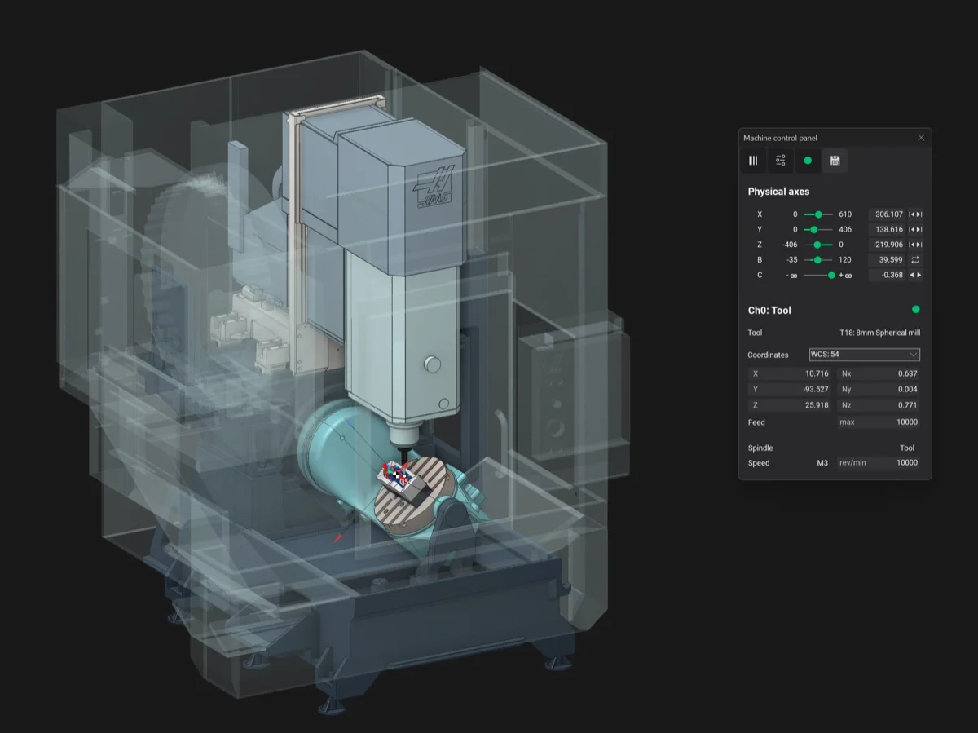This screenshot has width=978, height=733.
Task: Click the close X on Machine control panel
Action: (921, 138)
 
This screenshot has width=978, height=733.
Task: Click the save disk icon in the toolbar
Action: (835, 161)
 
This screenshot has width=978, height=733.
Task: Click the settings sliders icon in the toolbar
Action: (780, 161)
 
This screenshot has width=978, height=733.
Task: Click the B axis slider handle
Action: (817, 260)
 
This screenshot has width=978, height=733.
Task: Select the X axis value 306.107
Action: (889, 214)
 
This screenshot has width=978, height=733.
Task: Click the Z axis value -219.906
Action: (888, 245)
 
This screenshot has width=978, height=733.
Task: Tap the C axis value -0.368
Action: (892, 275)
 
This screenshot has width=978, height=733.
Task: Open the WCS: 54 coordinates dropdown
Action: (865, 355)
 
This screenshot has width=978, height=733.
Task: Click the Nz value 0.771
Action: (908, 405)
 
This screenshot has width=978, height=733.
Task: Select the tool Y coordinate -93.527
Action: (815, 389)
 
